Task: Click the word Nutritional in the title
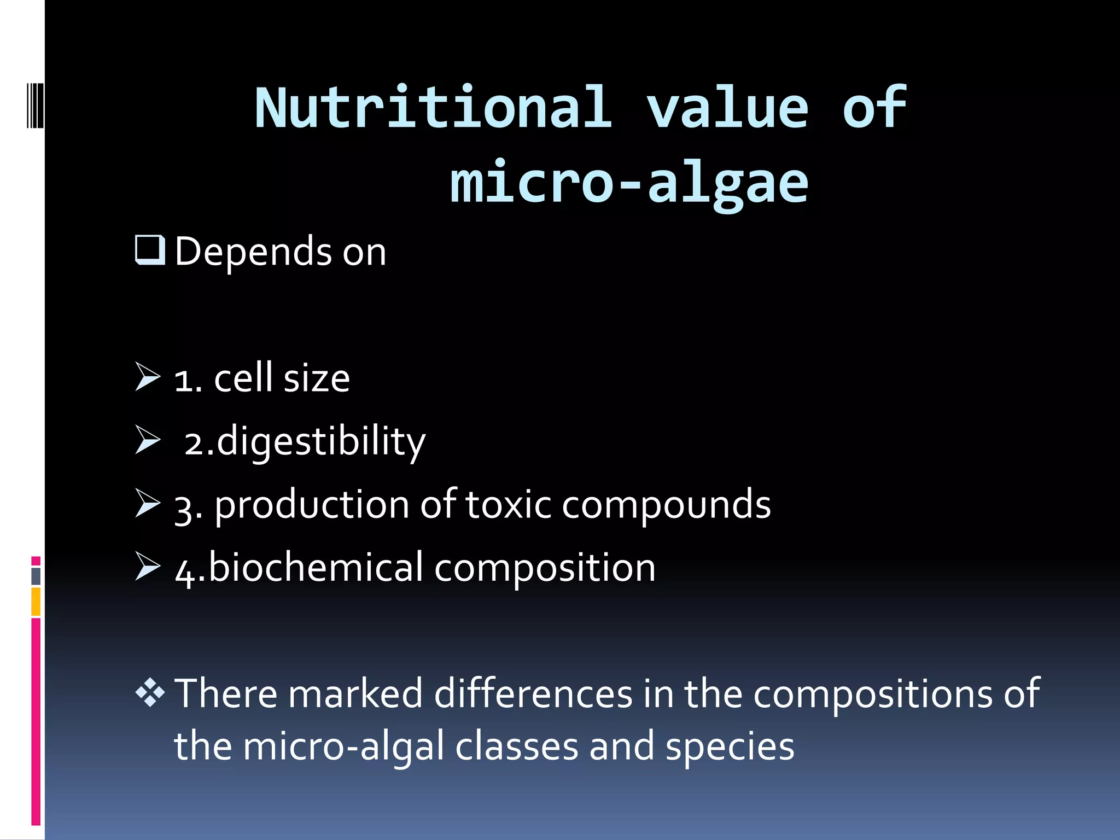point(433,108)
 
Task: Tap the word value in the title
point(727,108)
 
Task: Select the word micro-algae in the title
point(629,183)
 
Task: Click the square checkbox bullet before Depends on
point(149,250)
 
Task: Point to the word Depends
point(253,252)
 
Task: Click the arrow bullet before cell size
point(148,377)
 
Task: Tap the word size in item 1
point(317,378)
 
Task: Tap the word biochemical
point(316,568)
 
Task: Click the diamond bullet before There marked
point(150,693)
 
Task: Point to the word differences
point(533,694)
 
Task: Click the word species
point(730,747)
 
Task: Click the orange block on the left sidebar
point(36,602)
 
